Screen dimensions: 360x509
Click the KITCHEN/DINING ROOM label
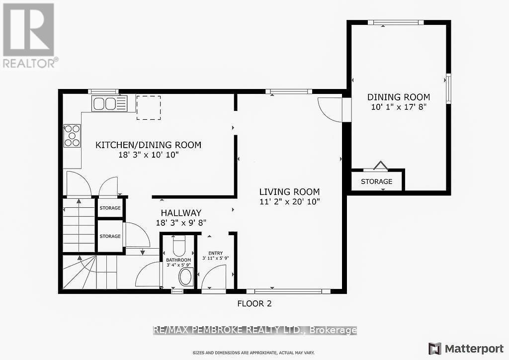click(148, 145)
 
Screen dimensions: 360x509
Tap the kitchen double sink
click(109, 104)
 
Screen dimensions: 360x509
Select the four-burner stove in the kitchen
click(72, 135)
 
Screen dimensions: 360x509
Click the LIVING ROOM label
click(289, 192)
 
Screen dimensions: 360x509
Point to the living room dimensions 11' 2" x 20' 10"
click(289, 201)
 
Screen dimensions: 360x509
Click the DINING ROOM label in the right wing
click(399, 97)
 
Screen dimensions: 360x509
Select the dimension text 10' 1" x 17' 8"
click(399, 106)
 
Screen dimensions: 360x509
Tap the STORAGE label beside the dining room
click(376, 181)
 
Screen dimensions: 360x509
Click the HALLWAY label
click(177, 212)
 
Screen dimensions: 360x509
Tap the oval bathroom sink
click(185, 276)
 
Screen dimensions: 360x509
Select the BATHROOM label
click(178, 260)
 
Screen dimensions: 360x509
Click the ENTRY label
click(216, 253)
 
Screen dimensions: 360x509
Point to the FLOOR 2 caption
click(254, 303)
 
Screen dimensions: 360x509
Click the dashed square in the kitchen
click(149, 107)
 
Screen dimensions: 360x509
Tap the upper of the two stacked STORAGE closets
click(110, 208)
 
